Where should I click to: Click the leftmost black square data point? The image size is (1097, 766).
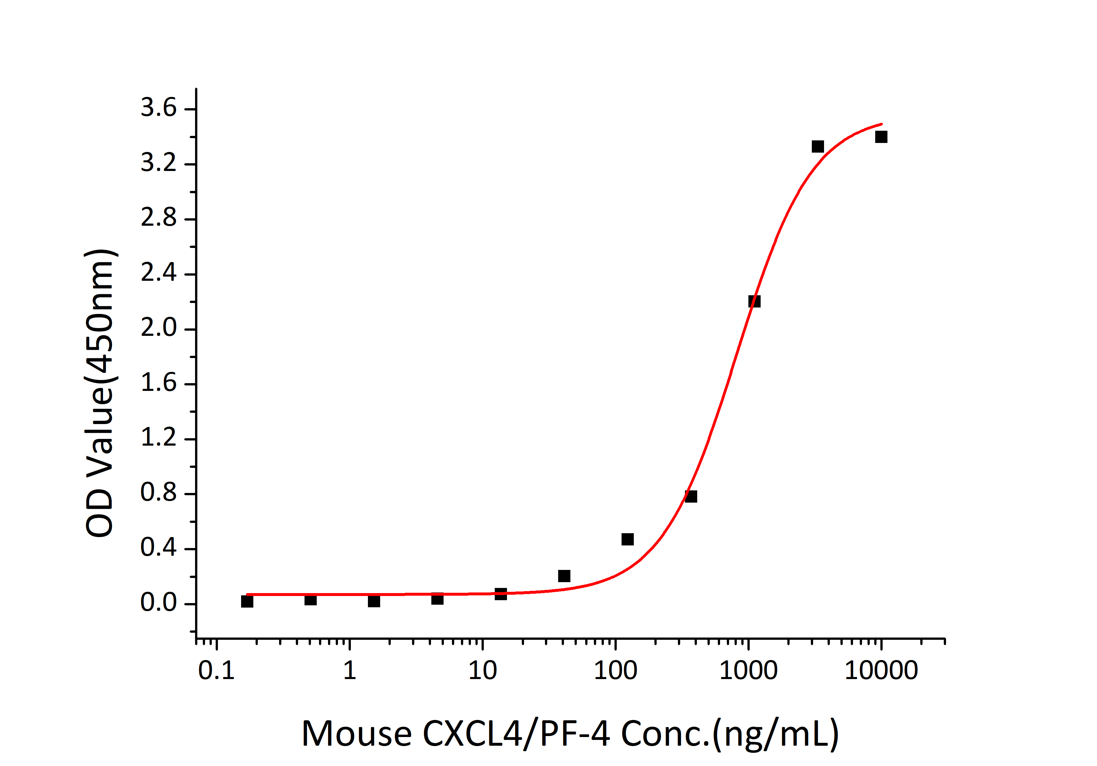[x=247, y=601]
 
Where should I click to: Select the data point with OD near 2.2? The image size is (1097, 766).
[x=754, y=301]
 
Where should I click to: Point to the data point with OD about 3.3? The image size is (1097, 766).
[x=818, y=146]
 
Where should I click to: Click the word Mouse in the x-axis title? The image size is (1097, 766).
[x=356, y=734]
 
